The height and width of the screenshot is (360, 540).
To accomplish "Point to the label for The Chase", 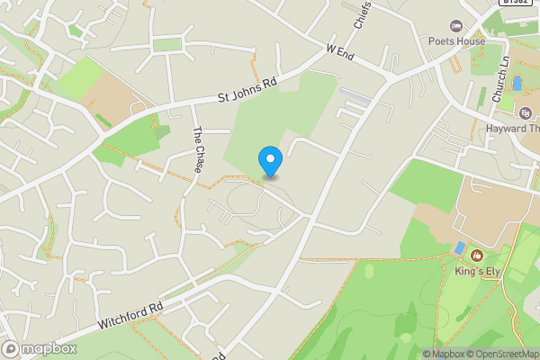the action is pos(199,145).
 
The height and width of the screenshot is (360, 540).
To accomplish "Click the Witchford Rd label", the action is pos(130,315).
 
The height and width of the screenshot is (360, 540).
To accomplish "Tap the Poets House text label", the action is pos(457,41).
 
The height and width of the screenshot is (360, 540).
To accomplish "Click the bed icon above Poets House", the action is pos(456,26).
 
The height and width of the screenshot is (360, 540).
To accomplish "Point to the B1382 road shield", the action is pos(514,3).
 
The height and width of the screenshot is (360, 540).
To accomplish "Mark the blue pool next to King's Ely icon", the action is pos(459,247).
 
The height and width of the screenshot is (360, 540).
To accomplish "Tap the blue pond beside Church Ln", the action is pos(517,84).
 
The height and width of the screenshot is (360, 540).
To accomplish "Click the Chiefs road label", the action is pos(363,13).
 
